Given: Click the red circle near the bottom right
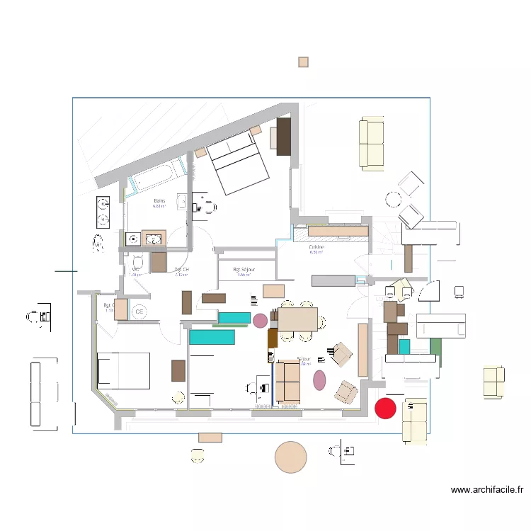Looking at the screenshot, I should [x=384, y=408].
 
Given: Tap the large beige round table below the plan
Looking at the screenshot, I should [x=290, y=457].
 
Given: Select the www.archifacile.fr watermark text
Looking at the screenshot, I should [x=486, y=489].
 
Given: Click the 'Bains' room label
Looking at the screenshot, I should [x=159, y=202].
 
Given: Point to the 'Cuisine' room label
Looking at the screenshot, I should [x=316, y=248].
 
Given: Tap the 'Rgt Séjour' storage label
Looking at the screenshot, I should [x=244, y=270].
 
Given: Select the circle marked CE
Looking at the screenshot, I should [x=139, y=312].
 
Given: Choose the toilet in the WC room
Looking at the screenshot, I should [x=138, y=263].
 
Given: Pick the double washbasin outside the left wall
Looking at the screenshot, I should [x=102, y=212].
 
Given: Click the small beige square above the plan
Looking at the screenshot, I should [x=303, y=62].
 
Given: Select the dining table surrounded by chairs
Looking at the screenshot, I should [x=297, y=319].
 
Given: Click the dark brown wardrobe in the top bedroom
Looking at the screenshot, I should [x=283, y=136].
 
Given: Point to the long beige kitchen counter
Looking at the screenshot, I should [x=338, y=230].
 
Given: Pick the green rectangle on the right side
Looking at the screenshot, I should [x=435, y=347].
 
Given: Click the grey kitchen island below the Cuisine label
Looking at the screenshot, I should [x=333, y=281].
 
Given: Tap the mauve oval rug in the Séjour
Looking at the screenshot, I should [x=319, y=380].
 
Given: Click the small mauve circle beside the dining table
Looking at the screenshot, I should [x=261, y=321].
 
